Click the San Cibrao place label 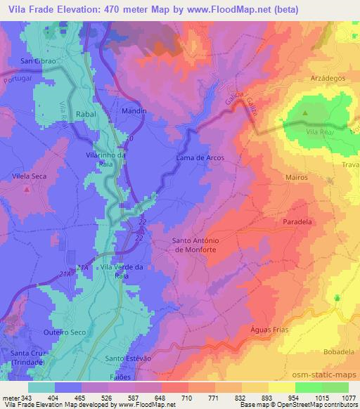click(37, 62)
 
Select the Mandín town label click(132, 111)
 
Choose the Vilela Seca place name click(29, 176)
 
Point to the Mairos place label click(297, 177)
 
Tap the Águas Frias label click(269, 330)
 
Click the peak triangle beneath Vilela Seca click(26, 188)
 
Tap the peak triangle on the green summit click(305, 112)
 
